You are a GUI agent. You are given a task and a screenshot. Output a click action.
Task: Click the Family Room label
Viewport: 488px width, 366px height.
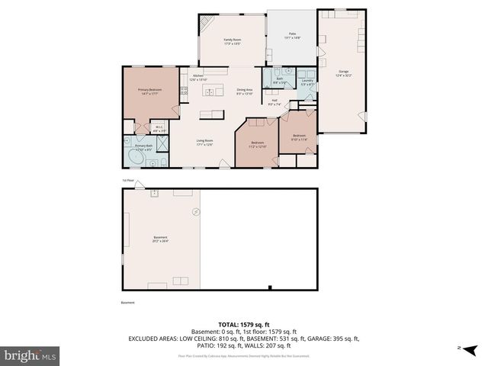pos(232,41)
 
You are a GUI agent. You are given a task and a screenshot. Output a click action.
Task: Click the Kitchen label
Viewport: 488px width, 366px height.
pos(198,78)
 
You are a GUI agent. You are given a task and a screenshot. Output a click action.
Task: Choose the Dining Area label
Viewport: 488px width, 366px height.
pos(245,91)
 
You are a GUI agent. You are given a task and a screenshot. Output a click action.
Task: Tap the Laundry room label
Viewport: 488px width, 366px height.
pos(307,82)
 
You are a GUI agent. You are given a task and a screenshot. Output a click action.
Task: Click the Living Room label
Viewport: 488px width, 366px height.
pos(204,143)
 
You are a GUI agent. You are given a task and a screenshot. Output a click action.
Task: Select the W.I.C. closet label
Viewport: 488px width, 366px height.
pos(159,129)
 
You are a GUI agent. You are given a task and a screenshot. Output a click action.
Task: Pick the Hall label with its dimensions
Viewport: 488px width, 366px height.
pos(274,102)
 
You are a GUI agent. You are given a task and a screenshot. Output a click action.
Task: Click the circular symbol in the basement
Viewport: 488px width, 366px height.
pos(195,210)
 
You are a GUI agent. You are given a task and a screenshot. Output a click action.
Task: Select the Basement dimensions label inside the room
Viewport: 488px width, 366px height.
pos(160,239)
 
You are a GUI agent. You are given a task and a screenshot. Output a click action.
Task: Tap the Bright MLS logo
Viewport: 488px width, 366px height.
pos(30,355)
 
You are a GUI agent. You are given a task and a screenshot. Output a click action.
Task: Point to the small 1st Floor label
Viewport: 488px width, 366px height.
pos(128,181)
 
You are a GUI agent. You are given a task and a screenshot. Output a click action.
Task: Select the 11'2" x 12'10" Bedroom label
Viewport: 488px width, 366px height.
pos(258,144)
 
